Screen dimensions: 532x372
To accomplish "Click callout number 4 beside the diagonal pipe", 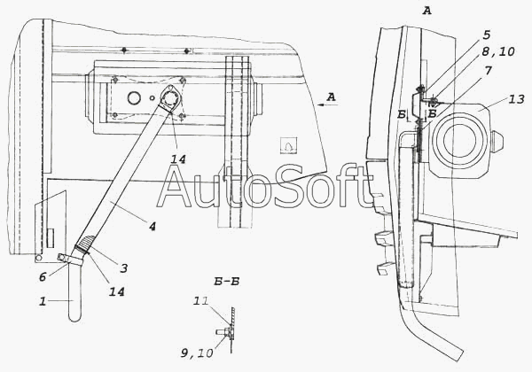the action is click(152, 227).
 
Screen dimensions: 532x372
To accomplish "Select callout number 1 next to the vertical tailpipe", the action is click(43, 301).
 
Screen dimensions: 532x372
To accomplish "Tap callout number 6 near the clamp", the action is click(43, 277).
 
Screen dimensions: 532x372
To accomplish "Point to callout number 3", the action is click(124, 268).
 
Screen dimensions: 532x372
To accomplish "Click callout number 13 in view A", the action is click(516, 99).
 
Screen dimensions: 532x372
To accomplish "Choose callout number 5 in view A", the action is click(486, 35).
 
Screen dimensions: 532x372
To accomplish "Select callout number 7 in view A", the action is click(489, 71).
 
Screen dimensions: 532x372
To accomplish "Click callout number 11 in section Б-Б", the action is click(200, 301).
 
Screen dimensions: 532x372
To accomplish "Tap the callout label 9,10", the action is click(197, 353).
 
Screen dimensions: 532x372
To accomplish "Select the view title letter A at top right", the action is click(426, 11).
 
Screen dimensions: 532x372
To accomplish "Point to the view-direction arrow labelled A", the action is click(327, 105).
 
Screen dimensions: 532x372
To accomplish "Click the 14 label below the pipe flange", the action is click(178, 159).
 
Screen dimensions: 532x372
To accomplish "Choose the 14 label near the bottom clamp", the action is click(116, 291).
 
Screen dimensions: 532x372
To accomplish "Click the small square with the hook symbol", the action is click(288, 145).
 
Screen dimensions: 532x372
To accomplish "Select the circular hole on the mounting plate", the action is click(134, 98).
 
